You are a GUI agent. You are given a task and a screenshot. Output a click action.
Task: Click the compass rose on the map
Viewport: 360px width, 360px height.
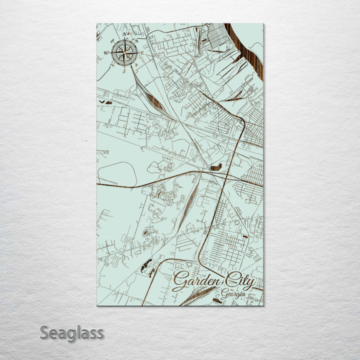coord(125,52)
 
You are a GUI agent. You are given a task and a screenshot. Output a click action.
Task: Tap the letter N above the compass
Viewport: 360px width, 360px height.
coord(125,34)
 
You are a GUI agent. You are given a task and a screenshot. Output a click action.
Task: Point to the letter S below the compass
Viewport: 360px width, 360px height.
coord(124,70)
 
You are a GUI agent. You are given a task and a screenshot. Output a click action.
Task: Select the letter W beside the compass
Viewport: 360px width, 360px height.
coord(106,52)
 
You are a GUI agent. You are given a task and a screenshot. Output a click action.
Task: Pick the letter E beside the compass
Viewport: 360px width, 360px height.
coord(142,52)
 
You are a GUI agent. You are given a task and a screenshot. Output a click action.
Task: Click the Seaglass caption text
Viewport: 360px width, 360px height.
coord(72,333)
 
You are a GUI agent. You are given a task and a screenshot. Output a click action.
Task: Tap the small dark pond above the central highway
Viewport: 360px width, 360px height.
coord(215,167)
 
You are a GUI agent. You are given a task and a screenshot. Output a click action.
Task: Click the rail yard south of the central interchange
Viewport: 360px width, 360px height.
coord(186,205)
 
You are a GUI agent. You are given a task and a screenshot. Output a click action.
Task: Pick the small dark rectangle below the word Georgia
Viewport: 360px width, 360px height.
coord(216,300)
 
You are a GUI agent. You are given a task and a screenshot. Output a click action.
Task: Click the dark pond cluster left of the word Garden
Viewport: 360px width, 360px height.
coord(148,267)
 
